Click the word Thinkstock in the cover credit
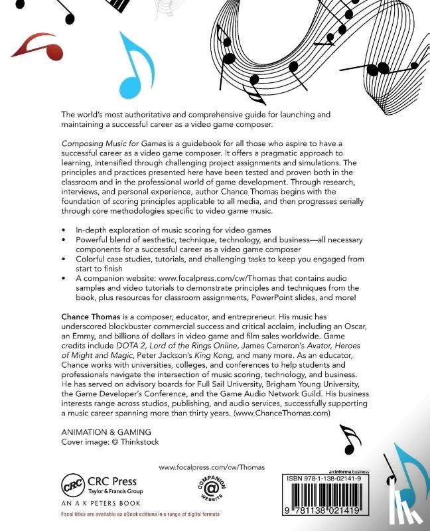138,441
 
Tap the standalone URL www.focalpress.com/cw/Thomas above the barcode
212,467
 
